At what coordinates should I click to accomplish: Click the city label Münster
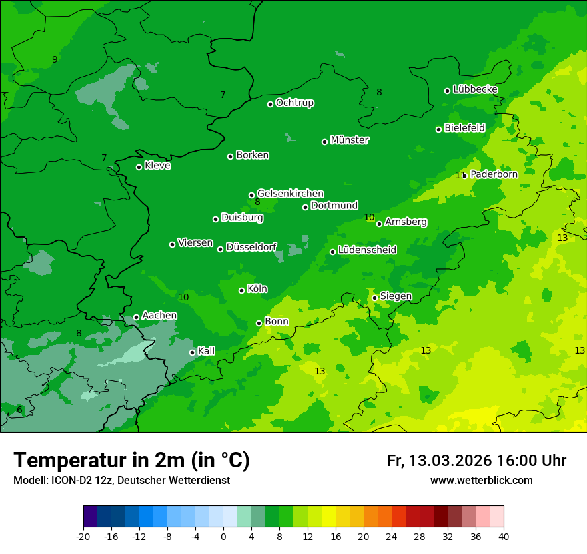(350, 140)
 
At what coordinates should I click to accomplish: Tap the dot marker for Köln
(241, 290)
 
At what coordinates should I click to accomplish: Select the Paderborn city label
(494, 174)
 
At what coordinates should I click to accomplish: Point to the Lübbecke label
(475, 89)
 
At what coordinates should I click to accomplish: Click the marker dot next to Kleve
(139, 167)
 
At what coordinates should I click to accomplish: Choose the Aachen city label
(159, 316)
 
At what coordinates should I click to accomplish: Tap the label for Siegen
(396, 296)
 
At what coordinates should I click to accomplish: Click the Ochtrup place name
(295, 103)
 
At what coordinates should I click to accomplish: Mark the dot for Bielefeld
(438, 129)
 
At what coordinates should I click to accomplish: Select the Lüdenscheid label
(367, 250)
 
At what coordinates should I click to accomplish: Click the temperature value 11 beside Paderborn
(460, 175)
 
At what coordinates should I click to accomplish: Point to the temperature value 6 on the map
(19, 410)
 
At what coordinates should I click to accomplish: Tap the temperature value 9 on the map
(55, 59)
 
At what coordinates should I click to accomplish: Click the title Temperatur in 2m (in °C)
(131, 460)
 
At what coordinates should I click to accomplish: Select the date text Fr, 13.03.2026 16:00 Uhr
(476, 461)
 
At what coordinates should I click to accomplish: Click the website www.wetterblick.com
(481, 480)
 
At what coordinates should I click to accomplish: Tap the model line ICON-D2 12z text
(121, 480)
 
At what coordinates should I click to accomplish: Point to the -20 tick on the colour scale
(83, 536)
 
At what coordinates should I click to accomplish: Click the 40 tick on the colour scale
(504, 536)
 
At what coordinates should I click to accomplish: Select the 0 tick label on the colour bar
(223, 536)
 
